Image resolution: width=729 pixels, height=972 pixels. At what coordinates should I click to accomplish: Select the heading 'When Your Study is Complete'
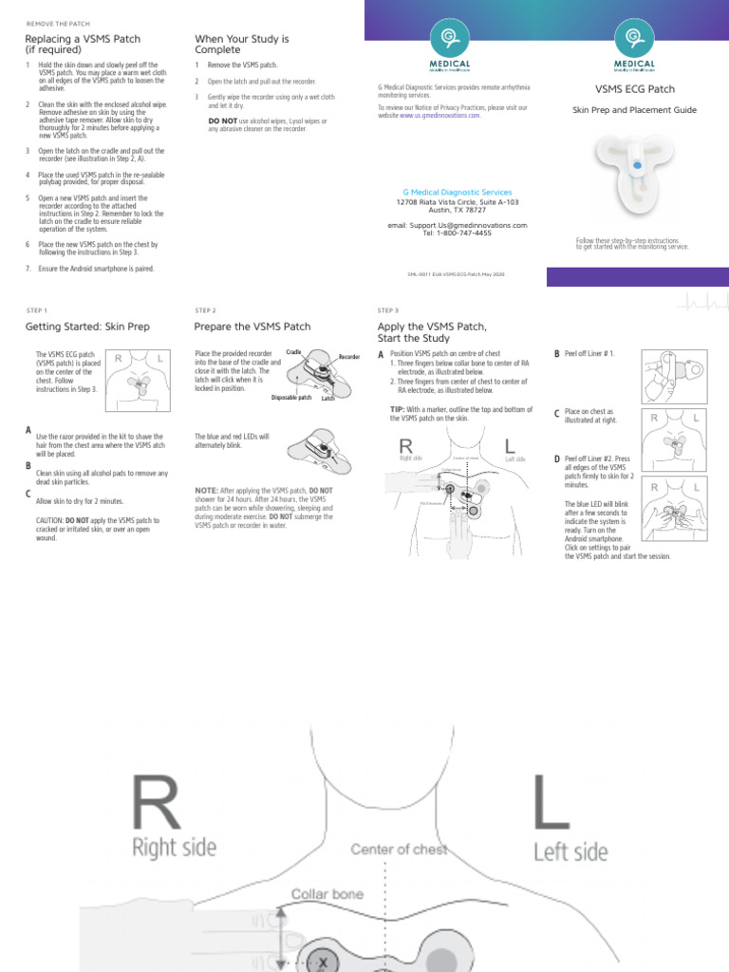point(241,44)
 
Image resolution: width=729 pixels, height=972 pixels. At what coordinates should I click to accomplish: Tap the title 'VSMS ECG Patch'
point(635,89)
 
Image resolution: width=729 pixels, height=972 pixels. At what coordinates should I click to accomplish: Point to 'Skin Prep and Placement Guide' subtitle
point(634,110)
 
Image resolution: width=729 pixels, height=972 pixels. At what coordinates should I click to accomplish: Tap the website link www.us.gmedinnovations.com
point(439,116)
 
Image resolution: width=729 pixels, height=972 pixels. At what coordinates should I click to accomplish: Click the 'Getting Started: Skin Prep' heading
point(87,327)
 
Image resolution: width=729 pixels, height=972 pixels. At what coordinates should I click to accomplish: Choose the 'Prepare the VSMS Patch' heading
point(252,327)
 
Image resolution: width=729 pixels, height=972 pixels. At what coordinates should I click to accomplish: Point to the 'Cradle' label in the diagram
point(293,352)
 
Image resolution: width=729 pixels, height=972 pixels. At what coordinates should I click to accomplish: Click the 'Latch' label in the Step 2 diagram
point(327,399)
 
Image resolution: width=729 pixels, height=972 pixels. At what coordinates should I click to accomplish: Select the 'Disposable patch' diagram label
point(291,398)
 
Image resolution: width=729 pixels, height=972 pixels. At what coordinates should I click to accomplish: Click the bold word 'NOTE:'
point(206,490)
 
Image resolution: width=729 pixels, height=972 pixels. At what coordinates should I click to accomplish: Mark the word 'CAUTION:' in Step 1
point(50,521)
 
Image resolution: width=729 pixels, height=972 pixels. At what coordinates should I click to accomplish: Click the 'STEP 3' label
point(387,310)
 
